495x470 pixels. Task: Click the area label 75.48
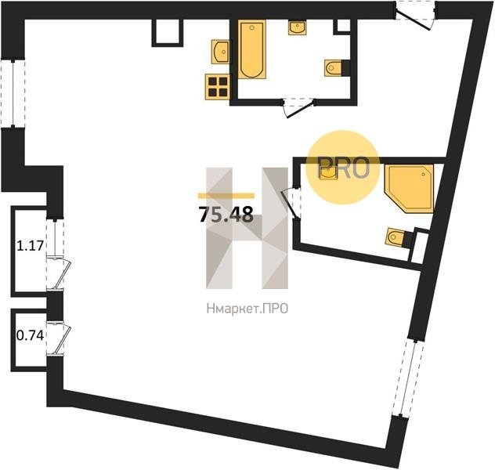click(226, 215)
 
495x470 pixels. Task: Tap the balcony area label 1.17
click(30, 245)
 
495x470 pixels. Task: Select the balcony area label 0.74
click(30, 335)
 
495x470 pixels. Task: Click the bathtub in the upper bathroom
click(251, 49)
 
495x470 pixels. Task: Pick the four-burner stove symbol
click(217, 87)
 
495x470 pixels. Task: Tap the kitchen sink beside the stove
click(220, 52)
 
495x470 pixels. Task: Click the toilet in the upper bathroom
click(333, 68)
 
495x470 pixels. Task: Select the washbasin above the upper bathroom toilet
click(297, 27)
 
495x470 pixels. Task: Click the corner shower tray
click(409, 189)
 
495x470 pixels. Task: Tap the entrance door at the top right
click(415, 16)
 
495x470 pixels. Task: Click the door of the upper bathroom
click(298, 107)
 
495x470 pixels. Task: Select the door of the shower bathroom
click(291, 202)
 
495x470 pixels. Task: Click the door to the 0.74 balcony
click(59, 339)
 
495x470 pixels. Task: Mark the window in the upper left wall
click(13, 93)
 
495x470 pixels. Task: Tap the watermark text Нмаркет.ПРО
click(247, 309)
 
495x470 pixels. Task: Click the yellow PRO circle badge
click(343, 168)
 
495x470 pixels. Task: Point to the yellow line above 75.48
click(226, 196)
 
